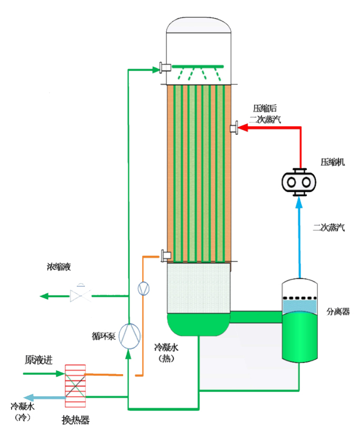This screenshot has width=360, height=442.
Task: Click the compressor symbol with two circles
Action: point(299,182)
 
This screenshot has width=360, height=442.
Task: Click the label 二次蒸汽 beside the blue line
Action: point(328,228)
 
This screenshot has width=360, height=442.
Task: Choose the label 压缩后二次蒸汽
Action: point(265,114)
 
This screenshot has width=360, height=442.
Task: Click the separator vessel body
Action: point(299,326)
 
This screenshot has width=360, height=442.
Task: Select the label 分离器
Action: point(338,312)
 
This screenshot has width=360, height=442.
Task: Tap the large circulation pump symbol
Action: point(129,335)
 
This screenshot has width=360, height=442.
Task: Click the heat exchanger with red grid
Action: point(75,387)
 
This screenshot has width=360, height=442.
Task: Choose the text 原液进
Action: point(39,360)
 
